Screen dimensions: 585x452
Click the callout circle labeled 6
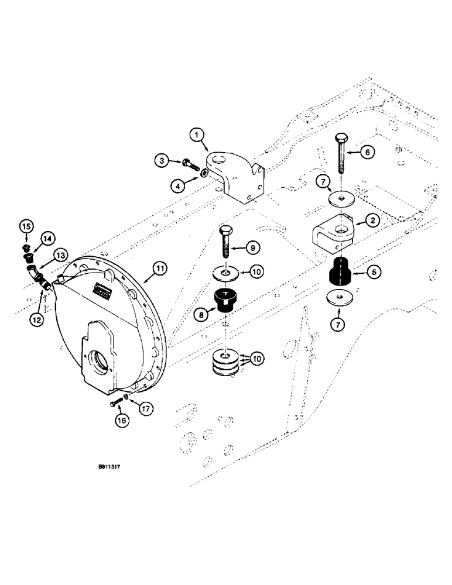click(367, 152)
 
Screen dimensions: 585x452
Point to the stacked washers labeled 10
click(225, 360)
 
